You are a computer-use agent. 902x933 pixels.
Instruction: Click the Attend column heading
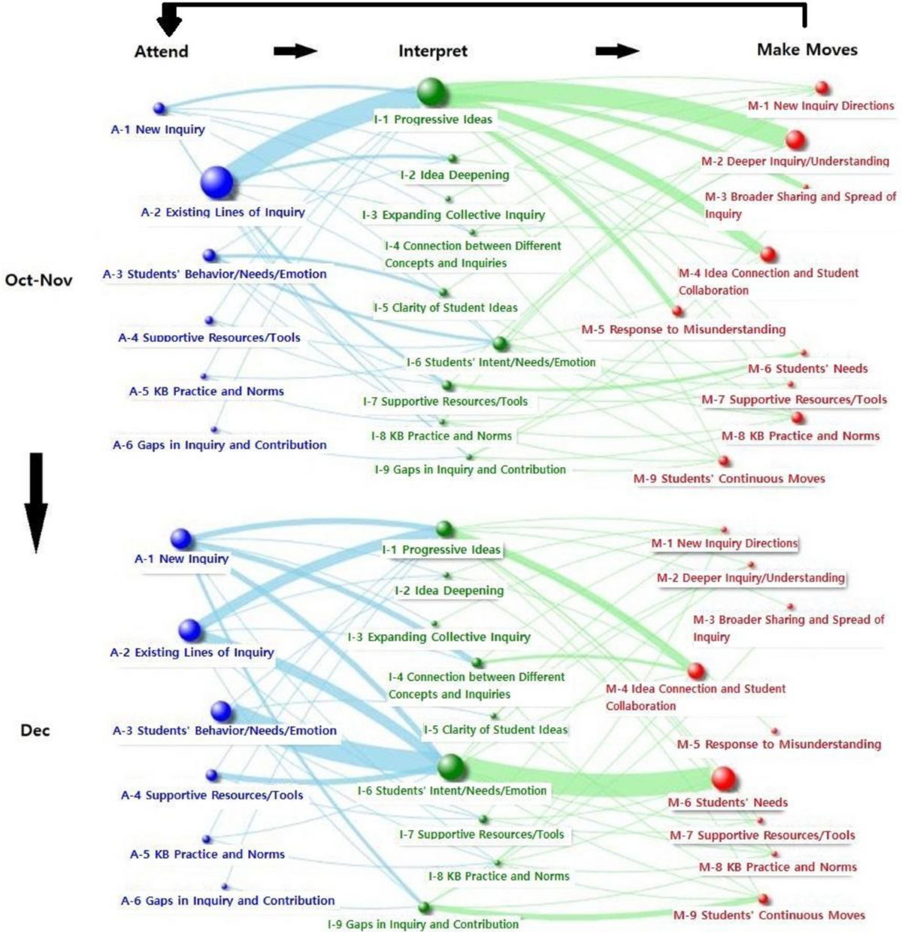161,51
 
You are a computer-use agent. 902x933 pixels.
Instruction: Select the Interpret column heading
432,51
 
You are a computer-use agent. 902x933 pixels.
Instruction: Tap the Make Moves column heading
807,50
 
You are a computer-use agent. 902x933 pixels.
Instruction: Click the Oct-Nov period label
38,280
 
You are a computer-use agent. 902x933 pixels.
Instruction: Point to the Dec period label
35,730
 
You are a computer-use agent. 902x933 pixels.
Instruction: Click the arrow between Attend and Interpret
295,51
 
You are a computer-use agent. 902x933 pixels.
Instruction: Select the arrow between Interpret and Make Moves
616,51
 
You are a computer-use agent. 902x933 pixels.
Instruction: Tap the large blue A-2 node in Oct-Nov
217,182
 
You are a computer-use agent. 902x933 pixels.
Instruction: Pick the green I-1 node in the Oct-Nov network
432,92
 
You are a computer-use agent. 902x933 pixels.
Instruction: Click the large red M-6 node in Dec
723,778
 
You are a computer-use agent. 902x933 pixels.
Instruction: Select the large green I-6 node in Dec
451,767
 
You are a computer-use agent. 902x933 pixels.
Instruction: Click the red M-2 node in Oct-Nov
795,140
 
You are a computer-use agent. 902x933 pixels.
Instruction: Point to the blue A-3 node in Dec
221,710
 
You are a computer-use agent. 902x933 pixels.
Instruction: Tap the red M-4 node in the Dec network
696,671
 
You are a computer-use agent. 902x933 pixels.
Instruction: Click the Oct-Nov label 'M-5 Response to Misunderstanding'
683,329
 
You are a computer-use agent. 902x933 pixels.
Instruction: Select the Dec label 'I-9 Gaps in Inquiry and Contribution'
422,924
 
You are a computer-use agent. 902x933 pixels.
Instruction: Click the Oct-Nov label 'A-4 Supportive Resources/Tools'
209,338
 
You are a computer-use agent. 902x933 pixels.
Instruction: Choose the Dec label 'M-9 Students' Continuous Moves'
769,915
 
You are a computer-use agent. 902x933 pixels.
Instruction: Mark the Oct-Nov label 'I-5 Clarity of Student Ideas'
446,307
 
